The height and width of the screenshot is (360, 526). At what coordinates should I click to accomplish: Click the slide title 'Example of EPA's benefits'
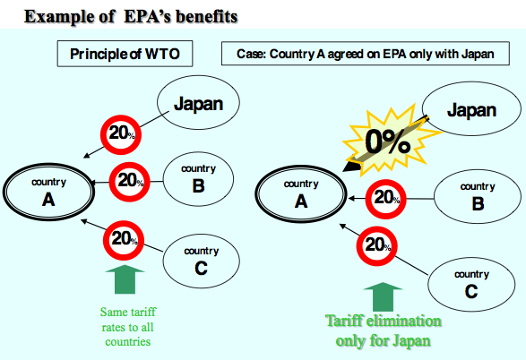coord(131,16)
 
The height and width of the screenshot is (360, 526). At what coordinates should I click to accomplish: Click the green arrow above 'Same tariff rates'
coord(125,279)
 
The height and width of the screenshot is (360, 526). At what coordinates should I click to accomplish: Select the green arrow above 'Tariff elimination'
coord(383,297)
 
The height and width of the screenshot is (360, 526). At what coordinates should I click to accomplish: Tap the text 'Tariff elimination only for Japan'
coord(384,331)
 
